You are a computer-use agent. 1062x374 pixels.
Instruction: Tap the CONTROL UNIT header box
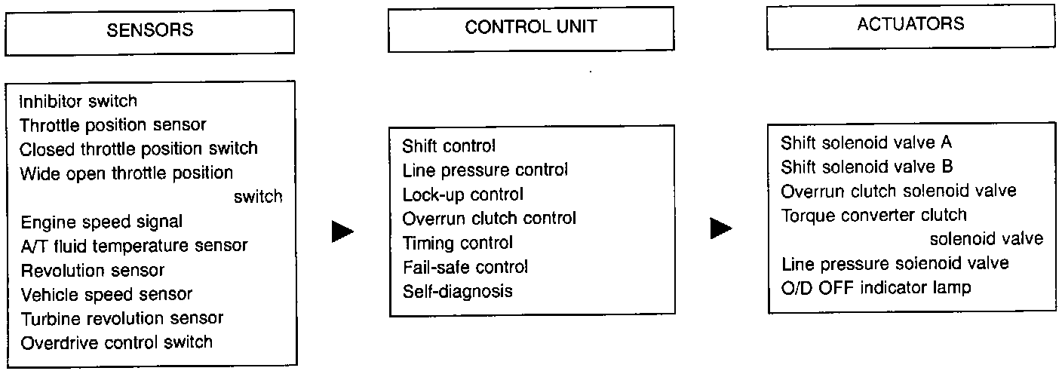(531, 29)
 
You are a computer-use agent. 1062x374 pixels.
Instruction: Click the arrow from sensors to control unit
(342, 231)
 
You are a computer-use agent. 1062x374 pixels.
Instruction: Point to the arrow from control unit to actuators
(721, 229)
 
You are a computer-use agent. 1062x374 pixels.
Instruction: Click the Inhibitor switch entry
(78, 101)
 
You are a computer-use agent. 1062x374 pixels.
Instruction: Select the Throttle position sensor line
(113, 124)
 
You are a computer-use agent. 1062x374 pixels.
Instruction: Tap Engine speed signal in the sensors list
(102, 222)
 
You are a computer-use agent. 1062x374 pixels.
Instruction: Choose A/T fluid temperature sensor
(134, 246)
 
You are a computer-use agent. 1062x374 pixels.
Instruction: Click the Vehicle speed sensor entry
(106, 294)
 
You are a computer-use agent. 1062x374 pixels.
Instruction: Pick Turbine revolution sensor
(122, 318)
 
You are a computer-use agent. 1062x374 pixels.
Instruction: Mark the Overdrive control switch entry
(117, 342)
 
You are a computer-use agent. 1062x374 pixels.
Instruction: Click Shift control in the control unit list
(450, 146)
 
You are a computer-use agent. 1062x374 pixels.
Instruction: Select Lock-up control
(462, 195)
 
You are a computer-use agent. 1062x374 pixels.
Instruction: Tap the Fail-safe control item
(465, 267)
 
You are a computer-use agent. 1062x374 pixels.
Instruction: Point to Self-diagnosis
(457, 291)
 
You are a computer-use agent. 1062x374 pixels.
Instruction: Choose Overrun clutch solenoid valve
(898, 191)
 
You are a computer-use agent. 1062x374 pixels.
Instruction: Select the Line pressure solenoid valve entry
(895, 264)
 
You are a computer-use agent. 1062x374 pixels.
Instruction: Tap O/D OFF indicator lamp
(876, 288)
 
